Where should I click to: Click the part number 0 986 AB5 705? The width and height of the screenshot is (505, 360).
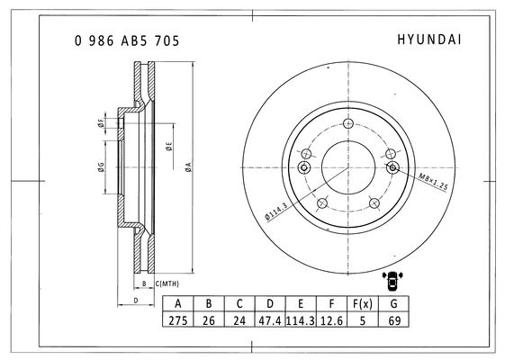point(127,40)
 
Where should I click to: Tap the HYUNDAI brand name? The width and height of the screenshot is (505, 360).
point(429,40)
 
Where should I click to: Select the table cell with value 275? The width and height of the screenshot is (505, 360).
point(177,320)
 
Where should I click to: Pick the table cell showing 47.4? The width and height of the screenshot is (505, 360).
point(270,320)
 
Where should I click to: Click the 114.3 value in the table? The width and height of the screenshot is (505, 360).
point(301,320)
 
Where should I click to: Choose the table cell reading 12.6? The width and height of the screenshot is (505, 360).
point(331,320)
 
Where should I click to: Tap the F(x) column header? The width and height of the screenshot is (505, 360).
point(363,303)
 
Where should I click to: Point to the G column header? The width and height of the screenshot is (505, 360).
point(393,303)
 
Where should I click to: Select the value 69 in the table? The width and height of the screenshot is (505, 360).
point(393,320)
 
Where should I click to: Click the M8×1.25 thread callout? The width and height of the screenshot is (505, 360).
point(433,182)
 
